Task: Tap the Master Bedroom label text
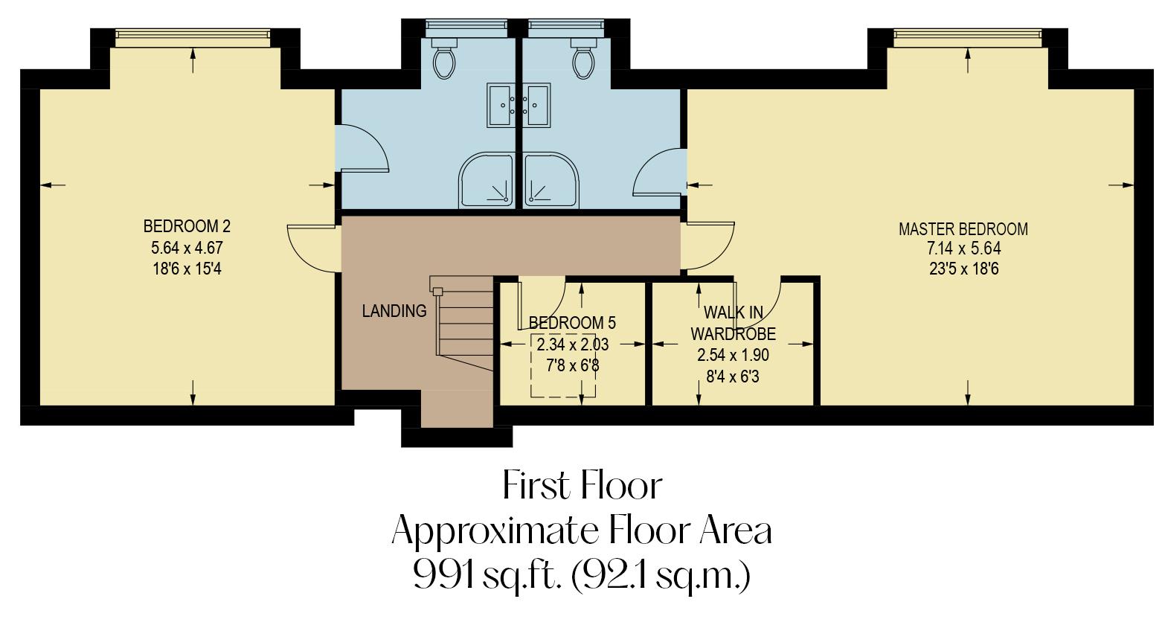(963, 229)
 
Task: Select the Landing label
(394, 311)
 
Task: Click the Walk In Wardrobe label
(733, 323)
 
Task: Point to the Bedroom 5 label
(572, 323)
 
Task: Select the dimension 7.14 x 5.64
(963, 249)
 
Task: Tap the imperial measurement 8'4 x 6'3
(732, 376)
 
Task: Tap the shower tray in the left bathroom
(486, 179)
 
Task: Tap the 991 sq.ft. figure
(485, 575)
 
